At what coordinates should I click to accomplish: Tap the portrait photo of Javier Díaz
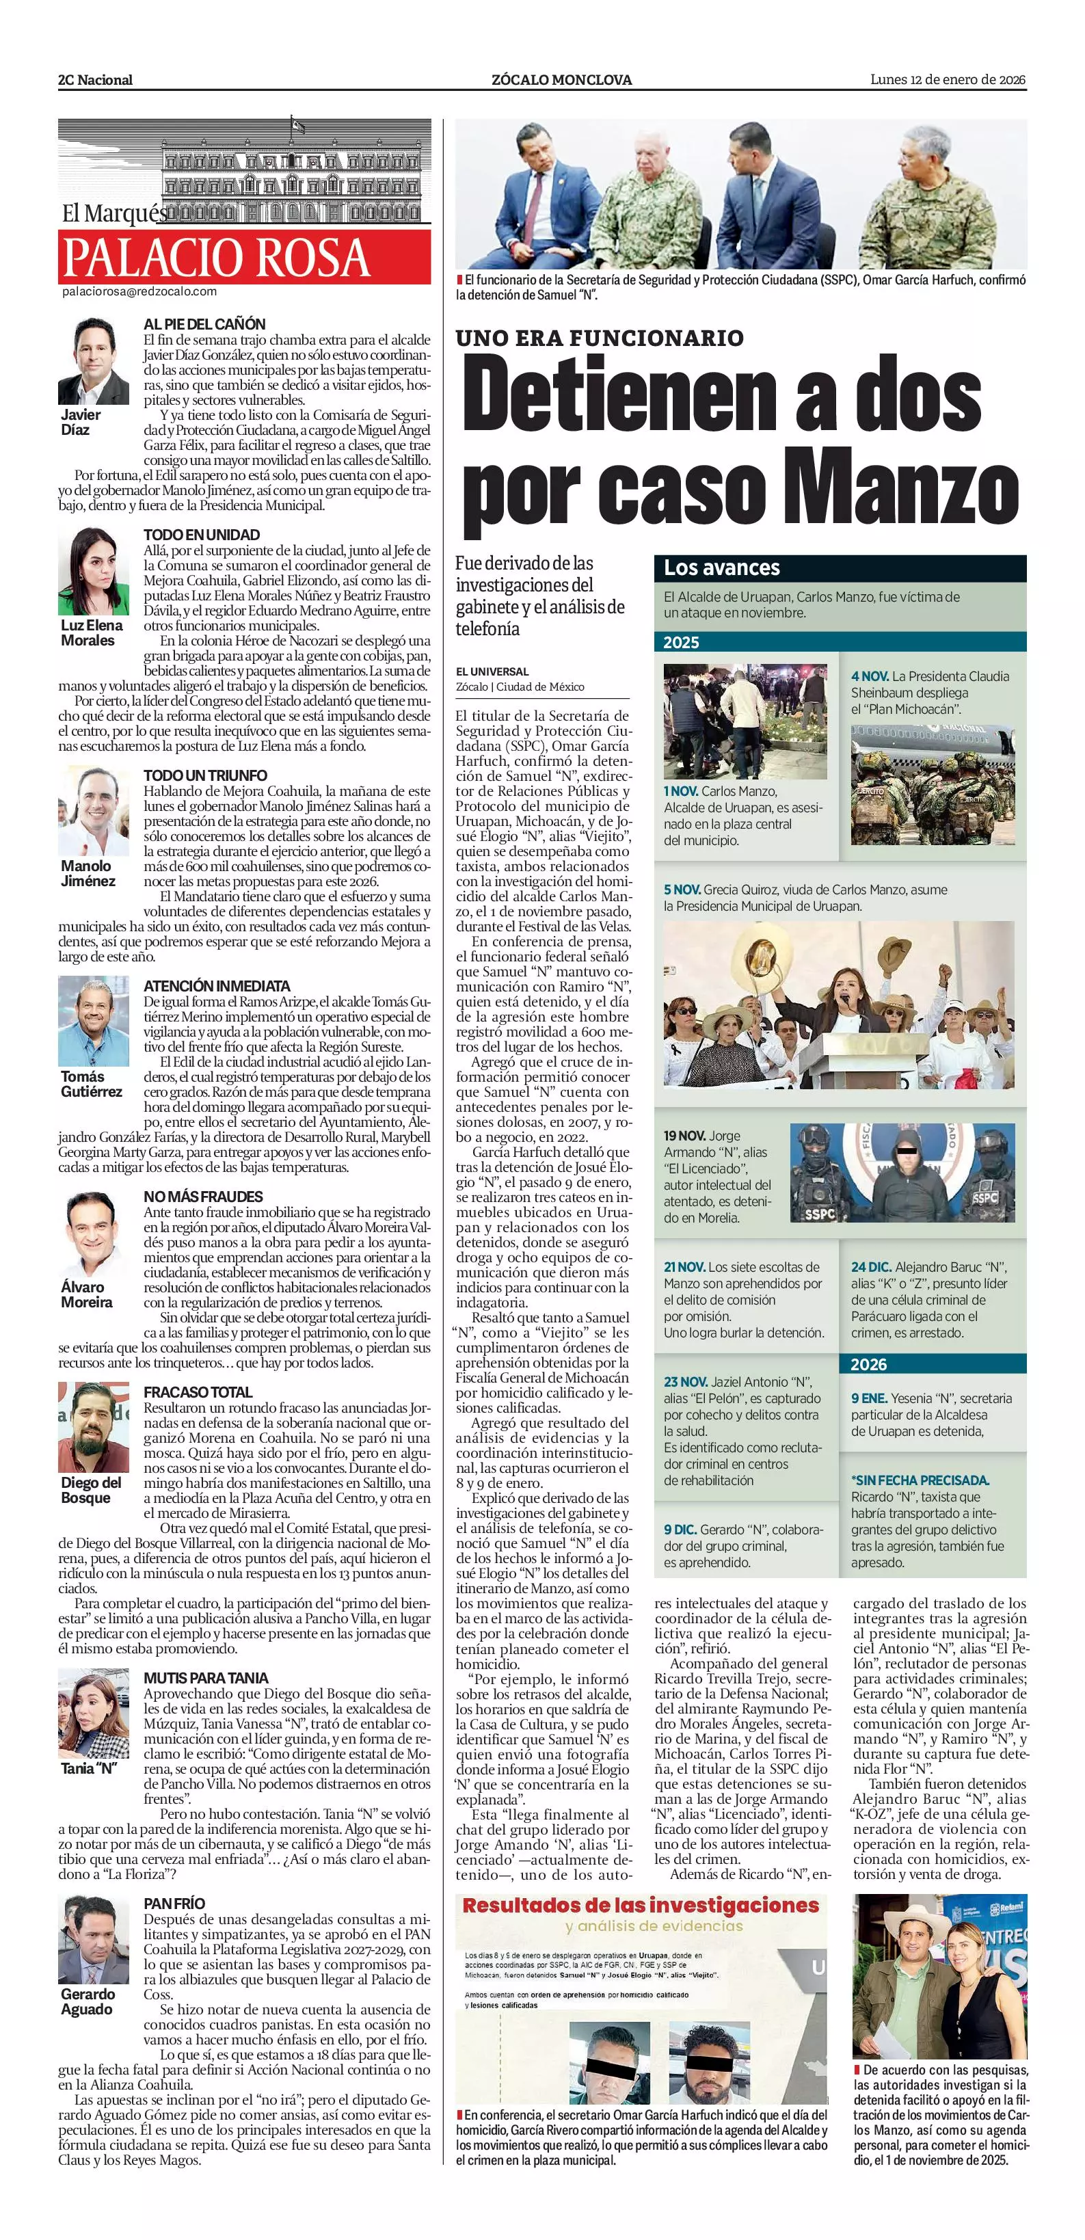coord(93,361)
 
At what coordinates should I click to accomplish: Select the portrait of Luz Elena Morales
coord(93,572)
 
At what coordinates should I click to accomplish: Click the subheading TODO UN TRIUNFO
coord(205,775)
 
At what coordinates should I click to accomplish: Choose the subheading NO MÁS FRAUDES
coord(202,1197)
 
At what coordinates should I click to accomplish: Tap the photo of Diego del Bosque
coord(93,1428)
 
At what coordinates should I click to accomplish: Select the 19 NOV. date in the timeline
coord(684,1136)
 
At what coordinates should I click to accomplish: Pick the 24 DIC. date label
coord(871,1267)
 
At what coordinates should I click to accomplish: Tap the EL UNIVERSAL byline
coord(492,671)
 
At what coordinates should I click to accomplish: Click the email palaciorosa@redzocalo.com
coord(139,291)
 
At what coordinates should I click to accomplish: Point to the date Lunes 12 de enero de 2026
coord(948,79)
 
